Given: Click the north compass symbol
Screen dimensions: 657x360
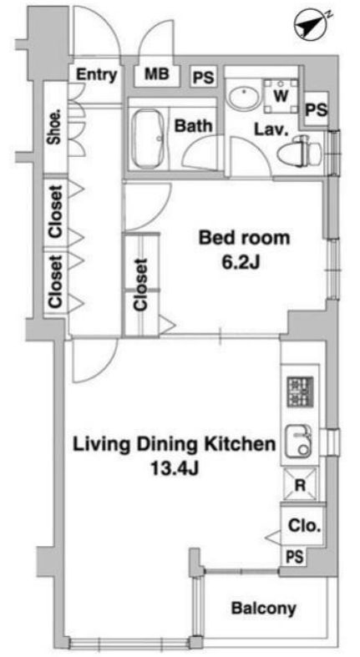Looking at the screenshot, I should (x=307, y=27).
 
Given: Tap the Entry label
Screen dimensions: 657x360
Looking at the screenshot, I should (x=96, y=74).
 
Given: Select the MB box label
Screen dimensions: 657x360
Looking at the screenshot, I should (x=156, y=74).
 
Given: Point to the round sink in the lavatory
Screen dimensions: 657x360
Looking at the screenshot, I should (x=242, y=98).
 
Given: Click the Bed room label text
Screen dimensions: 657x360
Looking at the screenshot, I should (x=244, y=238).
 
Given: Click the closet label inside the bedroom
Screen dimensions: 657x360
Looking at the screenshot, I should (x=140, y=285).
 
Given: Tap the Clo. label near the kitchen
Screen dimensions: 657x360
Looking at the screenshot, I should (x=300, y=526).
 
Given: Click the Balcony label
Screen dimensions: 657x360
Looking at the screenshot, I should (x=264, y=608).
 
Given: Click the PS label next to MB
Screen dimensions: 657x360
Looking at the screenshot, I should (x=203, y=77).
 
